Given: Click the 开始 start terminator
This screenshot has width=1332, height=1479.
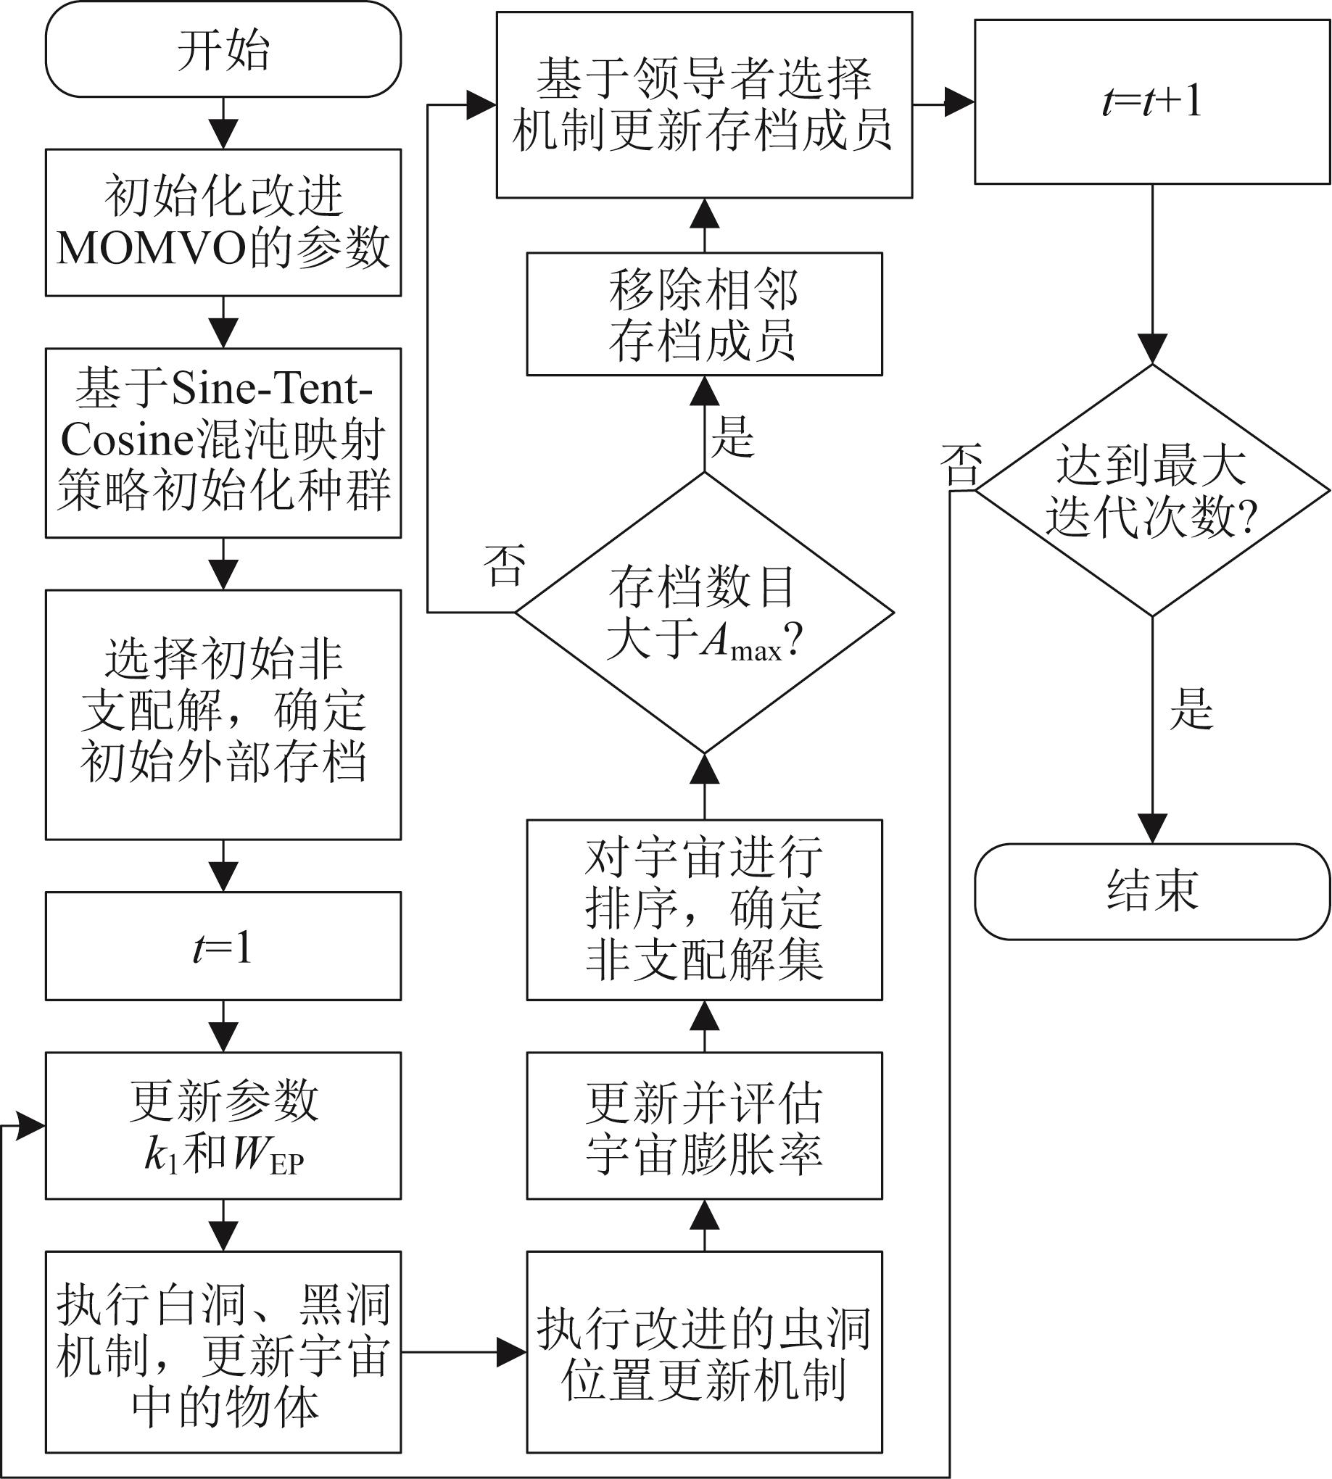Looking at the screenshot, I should [x=223, y=50].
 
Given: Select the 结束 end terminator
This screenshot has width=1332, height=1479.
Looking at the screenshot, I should [x=1152, y=890].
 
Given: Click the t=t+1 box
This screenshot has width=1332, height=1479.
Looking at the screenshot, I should [x=1152, y=101].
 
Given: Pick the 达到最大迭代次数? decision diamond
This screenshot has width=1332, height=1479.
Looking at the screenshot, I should [x=1152, y=490].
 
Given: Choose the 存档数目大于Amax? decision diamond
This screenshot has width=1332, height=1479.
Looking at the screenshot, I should [x=704, y=613].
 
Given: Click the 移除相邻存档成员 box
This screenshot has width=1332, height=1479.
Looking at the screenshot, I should [x=704, y=314].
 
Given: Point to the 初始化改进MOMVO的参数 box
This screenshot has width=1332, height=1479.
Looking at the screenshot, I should [x=223, y=223].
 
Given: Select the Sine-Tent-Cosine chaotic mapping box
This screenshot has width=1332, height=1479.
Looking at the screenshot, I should [x=223, y=443].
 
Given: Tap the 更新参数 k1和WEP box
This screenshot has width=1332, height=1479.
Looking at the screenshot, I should [x=223, y=1125].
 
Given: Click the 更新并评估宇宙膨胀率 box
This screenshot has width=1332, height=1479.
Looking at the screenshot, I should [x=704, y=1125].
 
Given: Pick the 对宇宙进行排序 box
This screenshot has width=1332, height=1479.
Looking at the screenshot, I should [x=704, y=909].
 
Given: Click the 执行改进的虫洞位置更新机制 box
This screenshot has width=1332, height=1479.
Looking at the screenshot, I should [x=704, y=1351].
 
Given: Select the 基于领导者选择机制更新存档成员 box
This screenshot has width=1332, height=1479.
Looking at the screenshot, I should [x=704, y=104].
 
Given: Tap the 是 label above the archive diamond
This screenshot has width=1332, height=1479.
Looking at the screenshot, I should [x=732, y=436].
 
